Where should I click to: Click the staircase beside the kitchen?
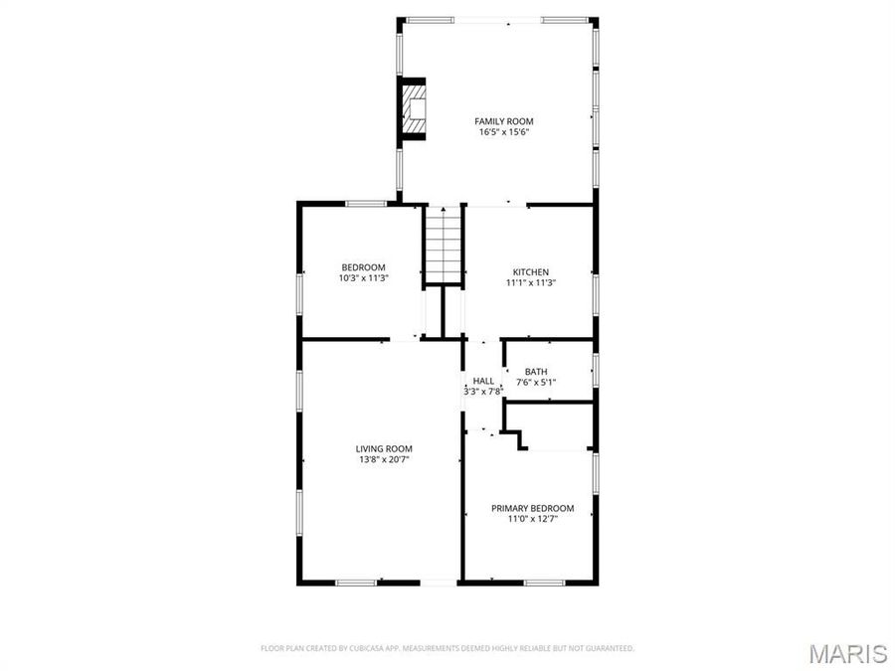click(445, 244)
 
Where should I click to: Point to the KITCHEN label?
click(530, 272)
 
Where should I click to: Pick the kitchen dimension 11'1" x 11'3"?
click(530, 283)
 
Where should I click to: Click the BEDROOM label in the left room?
click(363, 267)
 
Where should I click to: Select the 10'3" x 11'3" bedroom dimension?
click(363, 278)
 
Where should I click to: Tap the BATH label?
click(536, 372)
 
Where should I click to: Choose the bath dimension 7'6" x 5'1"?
click(536, 383)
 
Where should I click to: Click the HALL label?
click(483, 381)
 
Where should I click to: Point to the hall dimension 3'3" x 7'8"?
click(483, 392)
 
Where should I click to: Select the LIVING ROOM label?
click(384, 448)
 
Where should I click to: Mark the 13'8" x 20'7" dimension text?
click(384, 459)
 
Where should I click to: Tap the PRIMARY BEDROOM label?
click(532, 508)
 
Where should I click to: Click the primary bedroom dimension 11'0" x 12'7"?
click(532, 519)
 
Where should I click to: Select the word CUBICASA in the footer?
click(374, 648)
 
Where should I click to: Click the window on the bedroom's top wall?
click(365, 204)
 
